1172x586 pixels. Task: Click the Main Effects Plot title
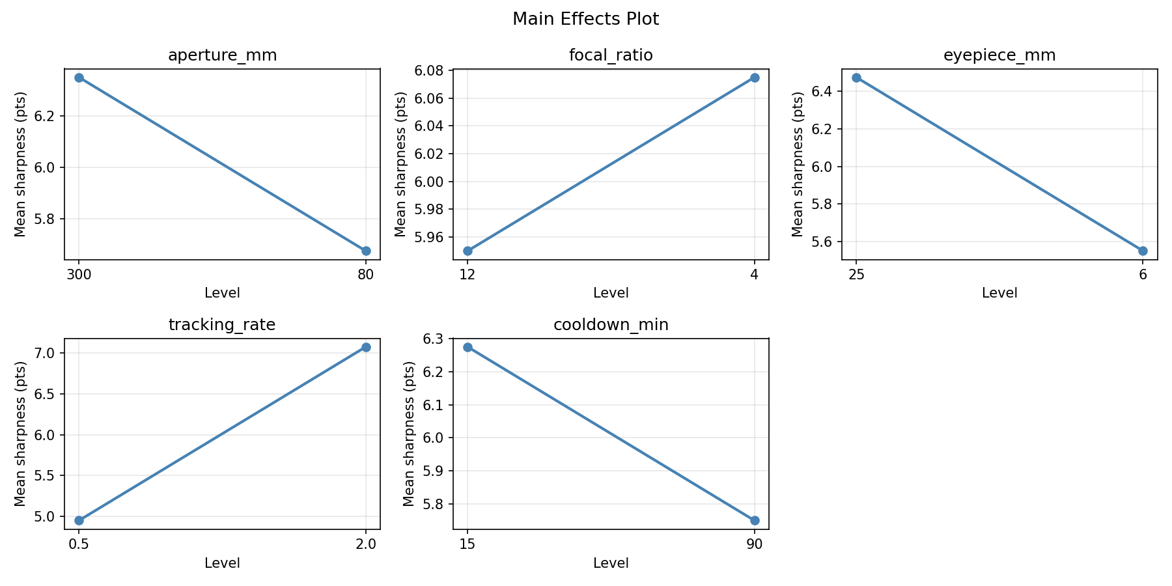tap(585, 19)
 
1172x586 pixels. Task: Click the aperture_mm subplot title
tap(222, 55)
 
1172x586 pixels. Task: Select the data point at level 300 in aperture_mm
tap(79, 77)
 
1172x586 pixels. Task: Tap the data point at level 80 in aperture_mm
tap(366, 251)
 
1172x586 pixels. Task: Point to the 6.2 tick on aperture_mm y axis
tap(50, 117)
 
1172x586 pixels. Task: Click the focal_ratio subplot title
tap(611, 55)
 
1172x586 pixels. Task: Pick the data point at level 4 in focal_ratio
tap(755, 77)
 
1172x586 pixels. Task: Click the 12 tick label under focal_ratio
tap(467, 275)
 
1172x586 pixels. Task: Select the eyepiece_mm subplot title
tap(999, 55)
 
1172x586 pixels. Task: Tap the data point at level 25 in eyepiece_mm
tap(856, 77)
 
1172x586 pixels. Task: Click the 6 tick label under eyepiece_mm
tap(1143, 275)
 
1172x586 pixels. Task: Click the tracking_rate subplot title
tap(222, 325)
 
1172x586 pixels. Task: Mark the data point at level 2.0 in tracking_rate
tap(366, 347)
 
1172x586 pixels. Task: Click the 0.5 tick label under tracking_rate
tap(79, 544)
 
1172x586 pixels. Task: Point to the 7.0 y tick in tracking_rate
tap(50, 354)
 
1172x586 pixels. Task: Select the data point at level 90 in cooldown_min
tap(755, 520)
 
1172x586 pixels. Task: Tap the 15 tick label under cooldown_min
tap(467, 544)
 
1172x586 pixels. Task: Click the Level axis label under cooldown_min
tap(611, 563)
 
